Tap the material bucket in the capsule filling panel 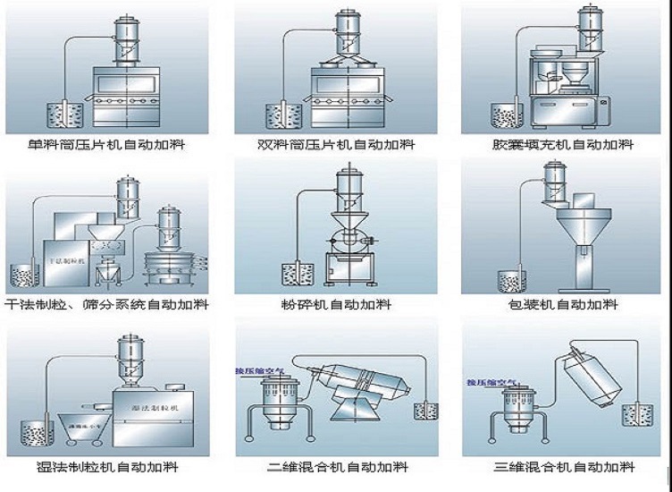click(x=504, y=115)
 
